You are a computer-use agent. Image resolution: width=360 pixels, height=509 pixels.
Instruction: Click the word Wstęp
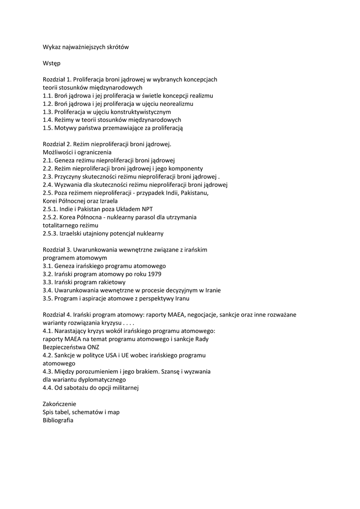[x=52, y=63]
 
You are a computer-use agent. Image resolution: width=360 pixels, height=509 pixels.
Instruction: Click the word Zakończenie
[x=60, y=404]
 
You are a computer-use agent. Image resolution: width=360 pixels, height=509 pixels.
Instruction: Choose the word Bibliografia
[x=58, y=420]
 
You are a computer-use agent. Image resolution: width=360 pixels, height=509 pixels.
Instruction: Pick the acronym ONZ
[x=93, y=346]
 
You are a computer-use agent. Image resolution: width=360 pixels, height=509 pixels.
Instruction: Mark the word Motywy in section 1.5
[x=65, y=128]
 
